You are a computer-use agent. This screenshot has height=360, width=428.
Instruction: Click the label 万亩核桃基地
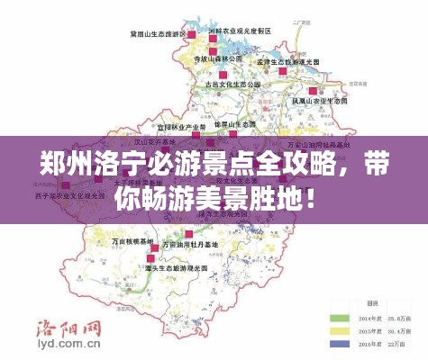pos(133,242)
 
